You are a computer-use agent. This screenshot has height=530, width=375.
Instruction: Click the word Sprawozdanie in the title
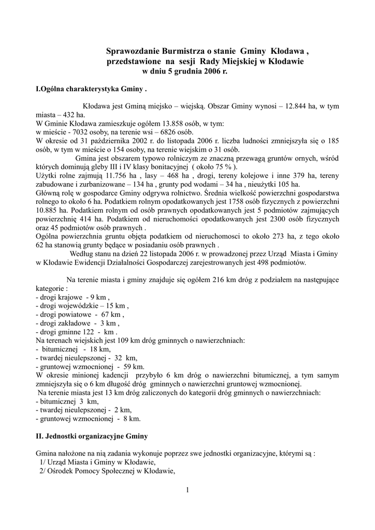[129, 51]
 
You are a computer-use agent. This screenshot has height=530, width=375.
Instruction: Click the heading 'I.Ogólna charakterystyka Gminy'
[91, 89]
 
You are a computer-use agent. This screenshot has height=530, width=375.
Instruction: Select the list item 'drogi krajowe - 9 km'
[72, 298]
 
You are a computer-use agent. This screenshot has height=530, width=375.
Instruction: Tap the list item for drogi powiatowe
[79, 315]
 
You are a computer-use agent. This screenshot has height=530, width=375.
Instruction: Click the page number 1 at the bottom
[187, 489]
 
